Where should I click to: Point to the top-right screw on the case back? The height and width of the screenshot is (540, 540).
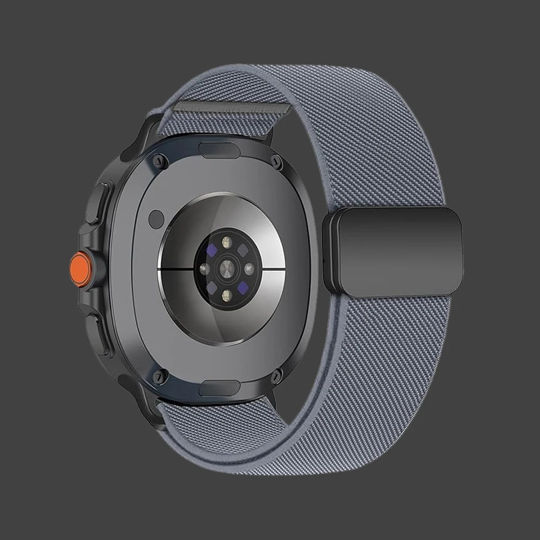coord(277,159)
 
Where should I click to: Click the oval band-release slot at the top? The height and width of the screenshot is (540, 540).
coord(220,149)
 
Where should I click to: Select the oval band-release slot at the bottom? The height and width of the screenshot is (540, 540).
coord(220,387)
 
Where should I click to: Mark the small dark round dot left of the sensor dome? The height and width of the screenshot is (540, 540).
coord(156,218)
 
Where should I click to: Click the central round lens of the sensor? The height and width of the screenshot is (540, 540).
coord(227,267)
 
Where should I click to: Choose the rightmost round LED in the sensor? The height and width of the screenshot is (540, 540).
coord(250,268)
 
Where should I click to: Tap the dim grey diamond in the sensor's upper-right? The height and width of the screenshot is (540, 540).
coord(243,249)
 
